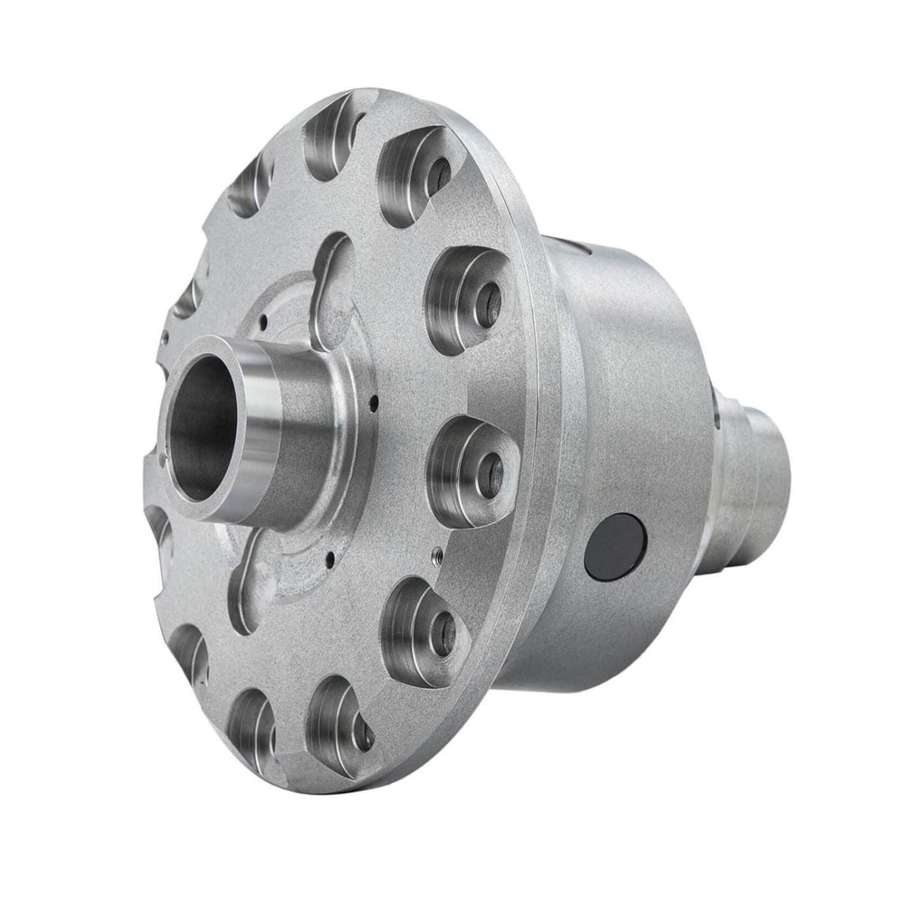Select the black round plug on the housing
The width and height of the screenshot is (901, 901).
[616, 547]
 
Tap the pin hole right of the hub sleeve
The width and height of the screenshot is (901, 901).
[372, 403]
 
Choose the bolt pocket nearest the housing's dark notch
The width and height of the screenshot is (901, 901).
[467, 296]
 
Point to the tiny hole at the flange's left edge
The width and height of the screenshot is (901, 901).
[165, 337]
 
